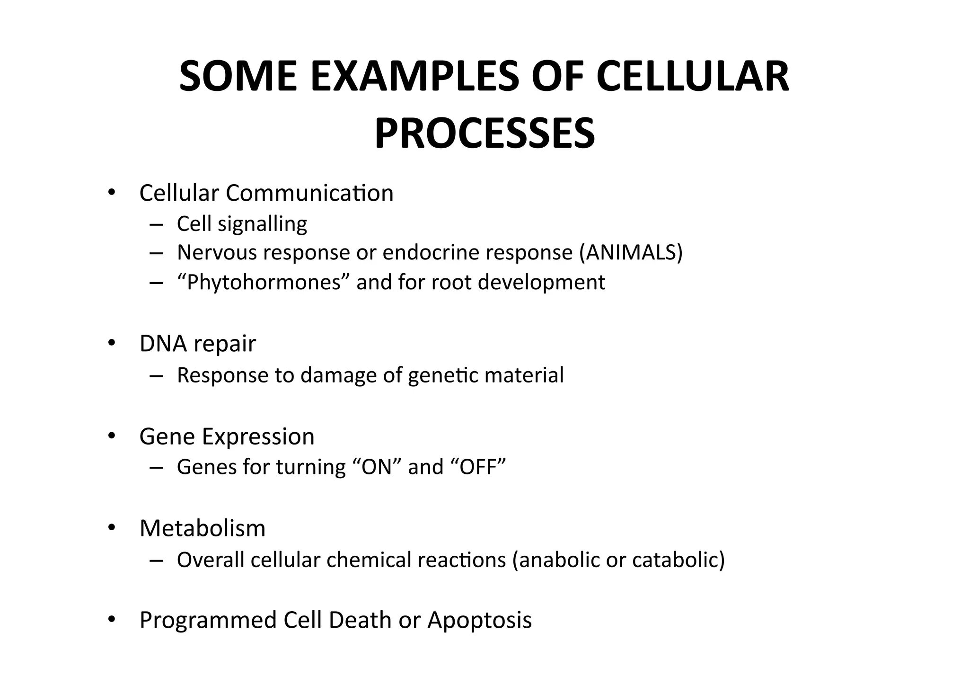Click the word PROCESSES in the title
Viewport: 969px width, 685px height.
coord(484,134)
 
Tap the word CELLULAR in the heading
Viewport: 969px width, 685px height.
coord(693,77)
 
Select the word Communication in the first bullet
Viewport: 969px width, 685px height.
coord(309,193)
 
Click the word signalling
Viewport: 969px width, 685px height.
coord(262,224)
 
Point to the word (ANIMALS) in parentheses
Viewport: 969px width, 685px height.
coord(631,252)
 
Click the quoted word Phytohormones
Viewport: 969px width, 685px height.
coord(264,283)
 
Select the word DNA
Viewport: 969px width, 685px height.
coord(163,343)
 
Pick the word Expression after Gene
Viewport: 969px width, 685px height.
coord(258,436)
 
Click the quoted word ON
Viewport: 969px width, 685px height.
coord(377,467)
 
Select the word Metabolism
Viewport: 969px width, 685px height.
coord(203,528)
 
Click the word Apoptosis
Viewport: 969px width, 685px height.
coord(479,620)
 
